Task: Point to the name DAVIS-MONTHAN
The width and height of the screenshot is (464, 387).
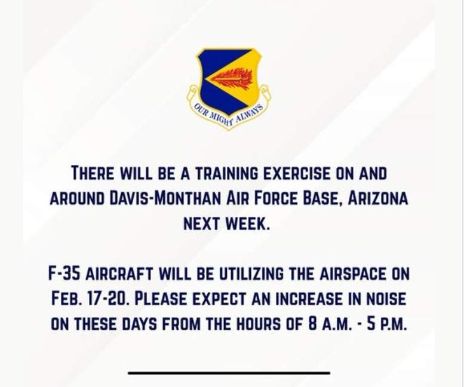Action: (165, 198)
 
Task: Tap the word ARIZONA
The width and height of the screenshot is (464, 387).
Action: (377, 198)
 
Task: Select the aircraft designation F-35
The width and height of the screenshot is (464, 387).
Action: (64, 274)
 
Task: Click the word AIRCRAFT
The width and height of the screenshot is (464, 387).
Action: (119, 274)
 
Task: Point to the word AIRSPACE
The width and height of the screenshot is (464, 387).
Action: (353, 274)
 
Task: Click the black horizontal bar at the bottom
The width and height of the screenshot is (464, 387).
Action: (229, 373)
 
